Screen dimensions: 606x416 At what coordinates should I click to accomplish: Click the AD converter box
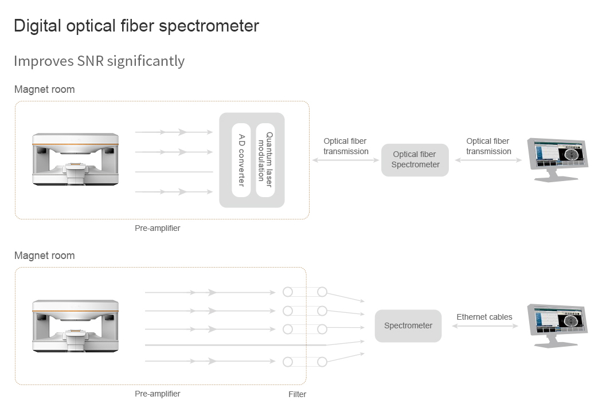coord(241,160)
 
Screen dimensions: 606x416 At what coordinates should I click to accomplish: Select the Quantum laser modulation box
coord(265,160)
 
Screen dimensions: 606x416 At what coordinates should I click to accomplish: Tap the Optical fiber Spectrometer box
coord(415,160)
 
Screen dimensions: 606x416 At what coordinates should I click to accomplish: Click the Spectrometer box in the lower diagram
coord(408,325)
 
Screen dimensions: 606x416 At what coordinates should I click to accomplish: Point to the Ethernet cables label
coord(484,317)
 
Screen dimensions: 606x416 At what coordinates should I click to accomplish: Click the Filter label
coord(297,394)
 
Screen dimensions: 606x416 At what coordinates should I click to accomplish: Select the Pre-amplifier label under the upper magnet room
coord(157,228)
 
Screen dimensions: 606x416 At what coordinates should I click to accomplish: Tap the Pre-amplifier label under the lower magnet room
coord(157,394)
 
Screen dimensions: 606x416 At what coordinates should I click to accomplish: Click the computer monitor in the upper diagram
coord(558,159)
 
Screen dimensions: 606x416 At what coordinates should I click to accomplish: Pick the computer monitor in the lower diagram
coord(558,325)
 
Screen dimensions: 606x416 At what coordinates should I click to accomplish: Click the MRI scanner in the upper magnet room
coord(75,159)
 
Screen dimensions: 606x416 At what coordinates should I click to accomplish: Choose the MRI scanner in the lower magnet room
coord(75,326)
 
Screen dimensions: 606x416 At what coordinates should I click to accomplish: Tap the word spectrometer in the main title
coord(209,26)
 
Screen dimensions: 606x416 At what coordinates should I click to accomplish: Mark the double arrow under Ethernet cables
coord(485,326)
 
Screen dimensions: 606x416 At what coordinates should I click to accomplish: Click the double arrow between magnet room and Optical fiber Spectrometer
coord(346,160)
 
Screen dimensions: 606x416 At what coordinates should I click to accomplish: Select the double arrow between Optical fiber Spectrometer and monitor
coord(488,160)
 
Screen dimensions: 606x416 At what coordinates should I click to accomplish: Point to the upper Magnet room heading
coord(45,89)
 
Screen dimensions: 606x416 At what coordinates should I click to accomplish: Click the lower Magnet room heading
coord(45,256)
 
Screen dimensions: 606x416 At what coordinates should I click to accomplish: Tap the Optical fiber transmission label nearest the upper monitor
coord(488,146)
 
